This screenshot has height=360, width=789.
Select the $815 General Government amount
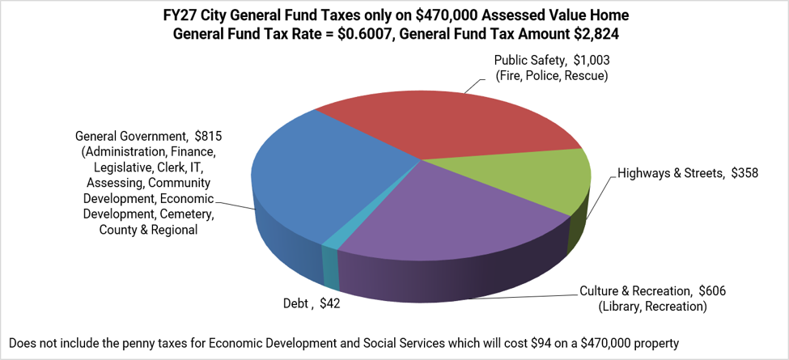(x=208, y=136)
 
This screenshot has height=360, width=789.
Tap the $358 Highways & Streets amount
(x=744, y=173)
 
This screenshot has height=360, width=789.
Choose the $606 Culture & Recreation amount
(x=713, y=291)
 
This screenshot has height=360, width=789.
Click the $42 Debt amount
(x=329, y=304)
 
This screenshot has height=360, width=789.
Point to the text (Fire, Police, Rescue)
(x=552, y=76)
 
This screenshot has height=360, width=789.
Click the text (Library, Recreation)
(x=652, y=307)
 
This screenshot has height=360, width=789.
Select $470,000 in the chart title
(x=447, y=15)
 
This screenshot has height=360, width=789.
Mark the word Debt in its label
(x=295, y=304)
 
